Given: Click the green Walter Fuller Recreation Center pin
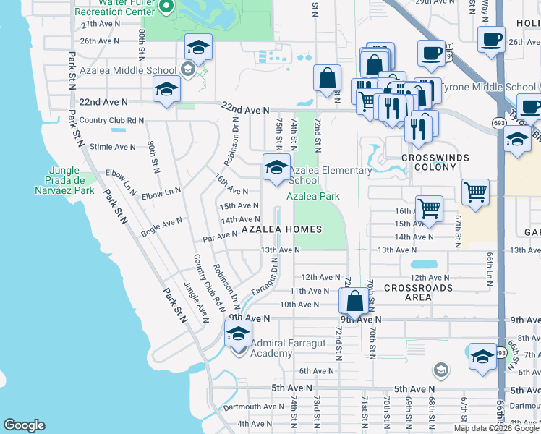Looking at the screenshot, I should point(166,7).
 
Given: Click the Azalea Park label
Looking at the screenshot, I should point(313,196).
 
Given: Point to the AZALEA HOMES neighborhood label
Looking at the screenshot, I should point(281,229).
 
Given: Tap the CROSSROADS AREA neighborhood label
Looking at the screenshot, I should point(418,292).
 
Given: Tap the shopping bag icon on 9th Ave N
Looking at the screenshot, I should point(354,300).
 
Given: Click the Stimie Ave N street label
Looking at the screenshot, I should point(113,147).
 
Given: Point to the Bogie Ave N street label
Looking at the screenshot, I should point(162,224).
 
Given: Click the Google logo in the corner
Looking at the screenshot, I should point(23,425).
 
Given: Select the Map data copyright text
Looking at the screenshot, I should point(496,428).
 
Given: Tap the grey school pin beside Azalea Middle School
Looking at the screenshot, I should point(187,70).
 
